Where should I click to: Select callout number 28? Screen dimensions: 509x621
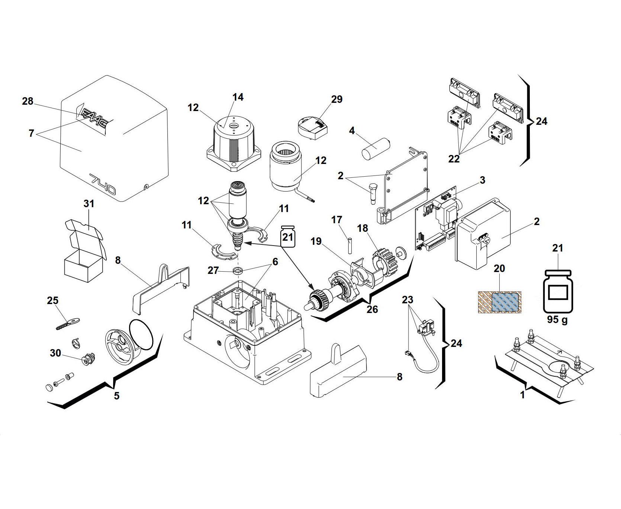tap(28, 101)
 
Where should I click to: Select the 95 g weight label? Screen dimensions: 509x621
tap(557, 320)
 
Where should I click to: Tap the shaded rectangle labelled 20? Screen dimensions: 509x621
tap(499, 302)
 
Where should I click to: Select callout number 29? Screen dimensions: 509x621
tap(336, 99)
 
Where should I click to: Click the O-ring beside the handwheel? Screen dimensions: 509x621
tap(141, 334)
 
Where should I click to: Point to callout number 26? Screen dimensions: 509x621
tap(372, 309)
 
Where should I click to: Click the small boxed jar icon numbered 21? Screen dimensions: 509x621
tap(288, 236)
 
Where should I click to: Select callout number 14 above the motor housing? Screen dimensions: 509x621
tap(238, 97)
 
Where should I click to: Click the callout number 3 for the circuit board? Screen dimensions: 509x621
tap(482, 180)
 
